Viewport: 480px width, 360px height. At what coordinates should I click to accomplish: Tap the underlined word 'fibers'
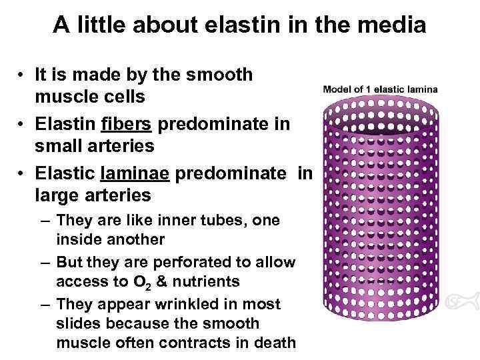click(x=126, y=125)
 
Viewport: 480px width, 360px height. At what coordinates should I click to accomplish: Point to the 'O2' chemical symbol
click(x=141, y=283)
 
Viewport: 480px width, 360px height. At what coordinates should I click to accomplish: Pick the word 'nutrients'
click(x=207, y=282)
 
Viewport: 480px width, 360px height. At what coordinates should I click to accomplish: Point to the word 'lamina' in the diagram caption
click(x=422, y=89)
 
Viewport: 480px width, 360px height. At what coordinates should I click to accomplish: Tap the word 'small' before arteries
click(x=60, y=145)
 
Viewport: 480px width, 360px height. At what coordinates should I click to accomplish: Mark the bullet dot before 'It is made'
click(x=23, y=75)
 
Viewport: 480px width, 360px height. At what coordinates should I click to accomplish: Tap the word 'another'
click(x=136, y=239)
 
